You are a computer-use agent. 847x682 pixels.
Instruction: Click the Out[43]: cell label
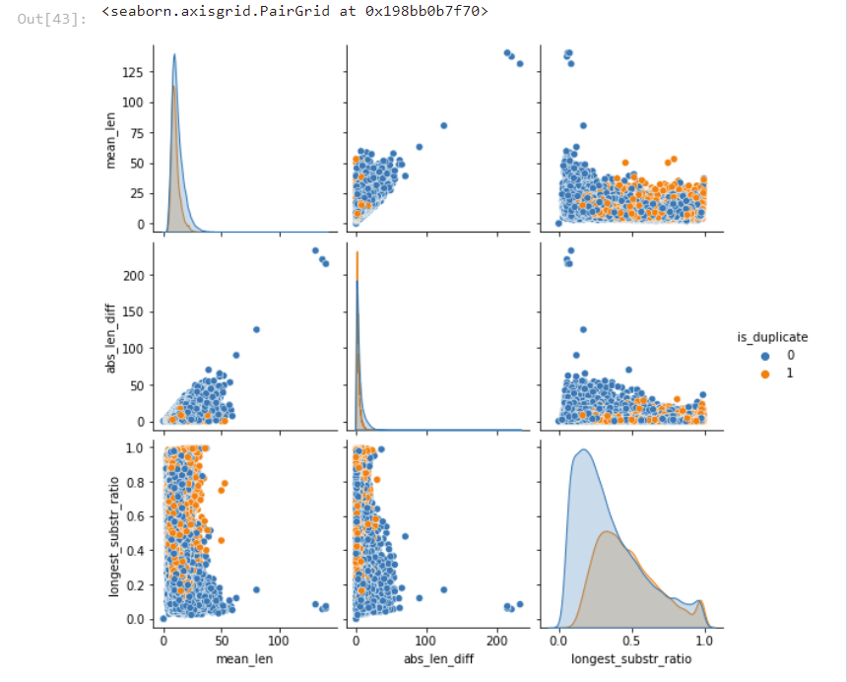point(52,19)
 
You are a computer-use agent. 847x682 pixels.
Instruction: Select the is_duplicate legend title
point(773,337)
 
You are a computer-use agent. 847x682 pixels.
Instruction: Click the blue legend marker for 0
point(764,355)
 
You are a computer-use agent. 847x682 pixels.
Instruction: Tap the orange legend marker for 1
point(764,373)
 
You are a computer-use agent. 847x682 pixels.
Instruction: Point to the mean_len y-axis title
point(110,138)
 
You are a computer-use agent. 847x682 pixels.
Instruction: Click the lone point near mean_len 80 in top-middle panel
point(443,125)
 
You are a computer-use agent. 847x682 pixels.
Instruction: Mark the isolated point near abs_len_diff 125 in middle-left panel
point(256,329)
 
